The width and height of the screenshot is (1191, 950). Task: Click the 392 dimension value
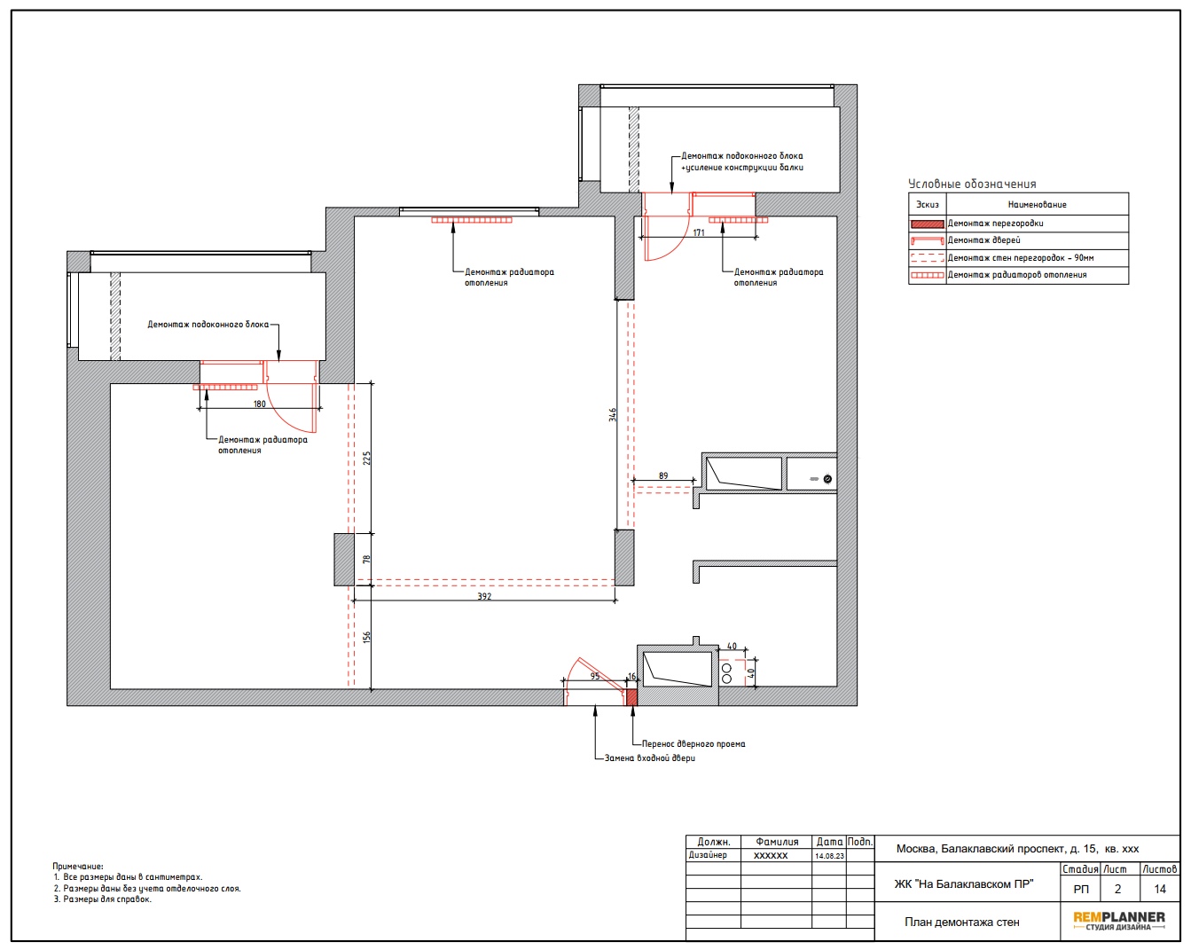point(483,596)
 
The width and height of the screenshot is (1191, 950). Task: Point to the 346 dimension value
point(612,414)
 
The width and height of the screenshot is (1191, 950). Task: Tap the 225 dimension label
point(366,458)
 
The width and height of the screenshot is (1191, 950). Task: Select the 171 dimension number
point(699,232)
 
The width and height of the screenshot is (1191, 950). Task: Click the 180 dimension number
point(259,404)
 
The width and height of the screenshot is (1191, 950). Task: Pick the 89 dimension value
point(663,475)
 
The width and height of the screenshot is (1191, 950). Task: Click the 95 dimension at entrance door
point(594,676)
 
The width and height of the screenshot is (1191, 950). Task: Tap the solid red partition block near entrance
point(631,697)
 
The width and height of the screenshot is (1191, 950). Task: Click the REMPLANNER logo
point(1119,920)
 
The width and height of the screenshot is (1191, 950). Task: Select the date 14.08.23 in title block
point(829,855)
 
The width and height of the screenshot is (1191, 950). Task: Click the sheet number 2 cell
point(1117,889)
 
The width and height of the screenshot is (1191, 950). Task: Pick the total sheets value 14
point(1160,889)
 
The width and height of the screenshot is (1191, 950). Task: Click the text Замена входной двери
point(649,758)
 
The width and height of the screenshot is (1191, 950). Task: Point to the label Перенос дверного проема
point(693,743)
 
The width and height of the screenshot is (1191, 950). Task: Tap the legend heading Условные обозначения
point(972,184)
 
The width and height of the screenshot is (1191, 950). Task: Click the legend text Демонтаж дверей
point(983,240)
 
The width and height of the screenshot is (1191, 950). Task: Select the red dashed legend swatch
point(927,257)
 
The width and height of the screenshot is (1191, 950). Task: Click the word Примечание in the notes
point(77,867)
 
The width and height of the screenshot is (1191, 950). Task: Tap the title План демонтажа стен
point(962,922)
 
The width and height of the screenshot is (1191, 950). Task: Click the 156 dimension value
point(366,637)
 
